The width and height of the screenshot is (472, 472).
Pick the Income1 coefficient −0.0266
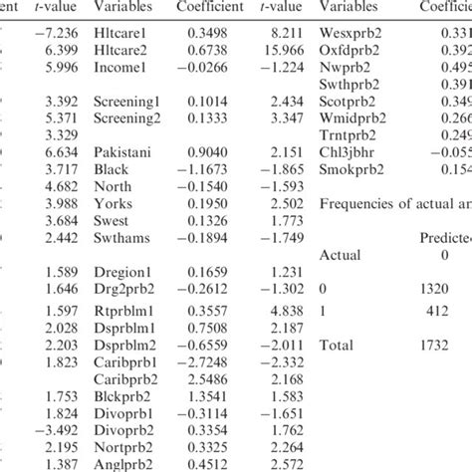click(x=207, y=70)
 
